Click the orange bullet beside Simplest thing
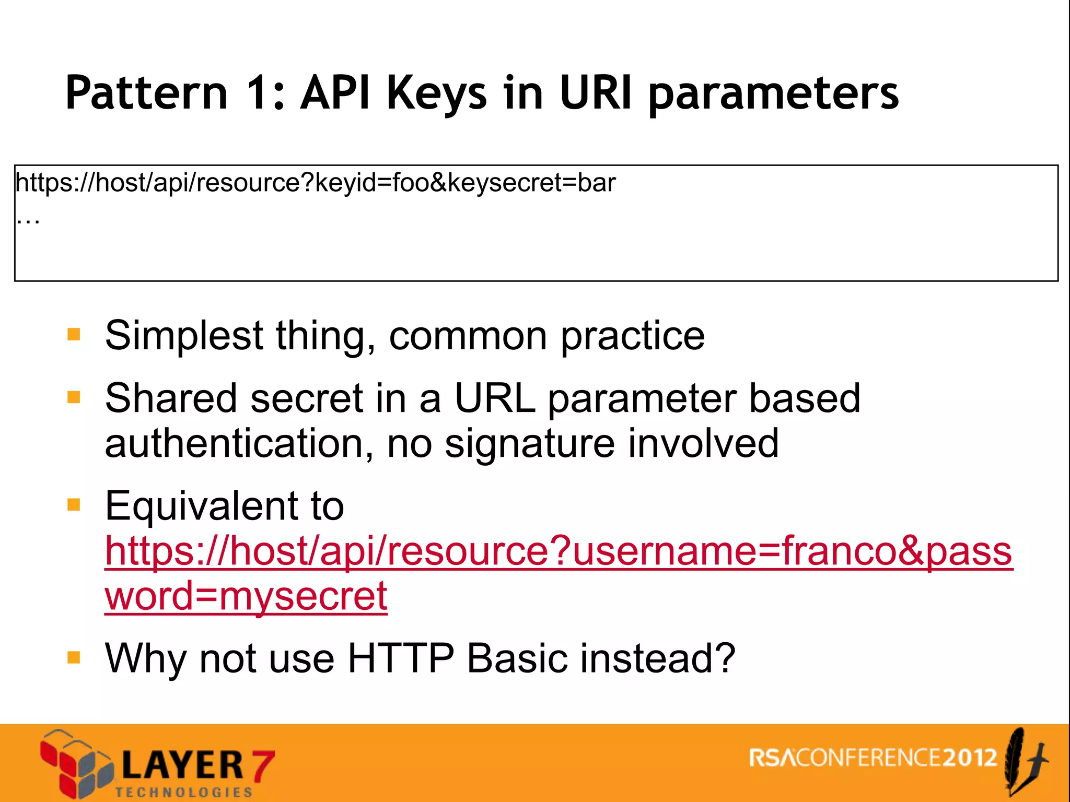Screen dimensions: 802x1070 (x=74, y=334)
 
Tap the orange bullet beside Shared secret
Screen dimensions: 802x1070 (x=74, y=397)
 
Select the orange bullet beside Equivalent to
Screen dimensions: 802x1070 (x=74, y=504)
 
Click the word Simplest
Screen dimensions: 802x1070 (x=184, y=336)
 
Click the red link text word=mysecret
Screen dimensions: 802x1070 (x=246, y=596)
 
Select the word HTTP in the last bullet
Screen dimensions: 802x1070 (x=401, y=658)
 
